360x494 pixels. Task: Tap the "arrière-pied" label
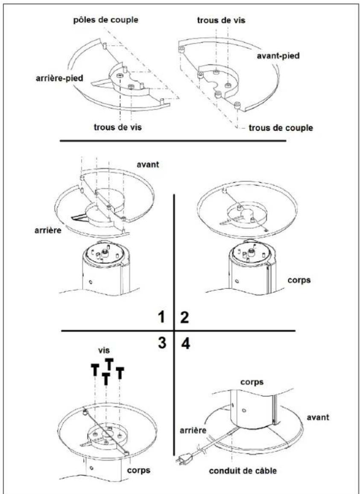pyautogui.click(x=59, y=78)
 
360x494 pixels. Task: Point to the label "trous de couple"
pyautogui.click(x=281, y=128)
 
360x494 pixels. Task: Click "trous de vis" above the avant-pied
pyautogui.click(x=221, y=20)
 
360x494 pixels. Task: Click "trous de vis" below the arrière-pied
pyautogui.click(x=118, y=128)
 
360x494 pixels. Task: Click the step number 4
pyautogui.click(x=186, y=343)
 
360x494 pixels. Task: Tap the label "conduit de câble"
pyautogui.click(x=243, y=471)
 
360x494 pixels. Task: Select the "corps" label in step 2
pyautogui.click(x=299, y=280)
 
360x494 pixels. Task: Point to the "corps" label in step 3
pyautogui.click(x=139, y=471)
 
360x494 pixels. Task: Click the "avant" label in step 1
pyautogui.click(x=148, y=164)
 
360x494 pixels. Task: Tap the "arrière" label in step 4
pyautogui.click(x=193, y=430)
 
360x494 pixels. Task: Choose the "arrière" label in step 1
pyautogui.click(x=48, y=230)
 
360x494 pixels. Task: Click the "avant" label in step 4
pyautogui.click(x=318, y=417)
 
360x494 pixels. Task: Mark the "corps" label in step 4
pyautogui.click(x=252, y=382)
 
